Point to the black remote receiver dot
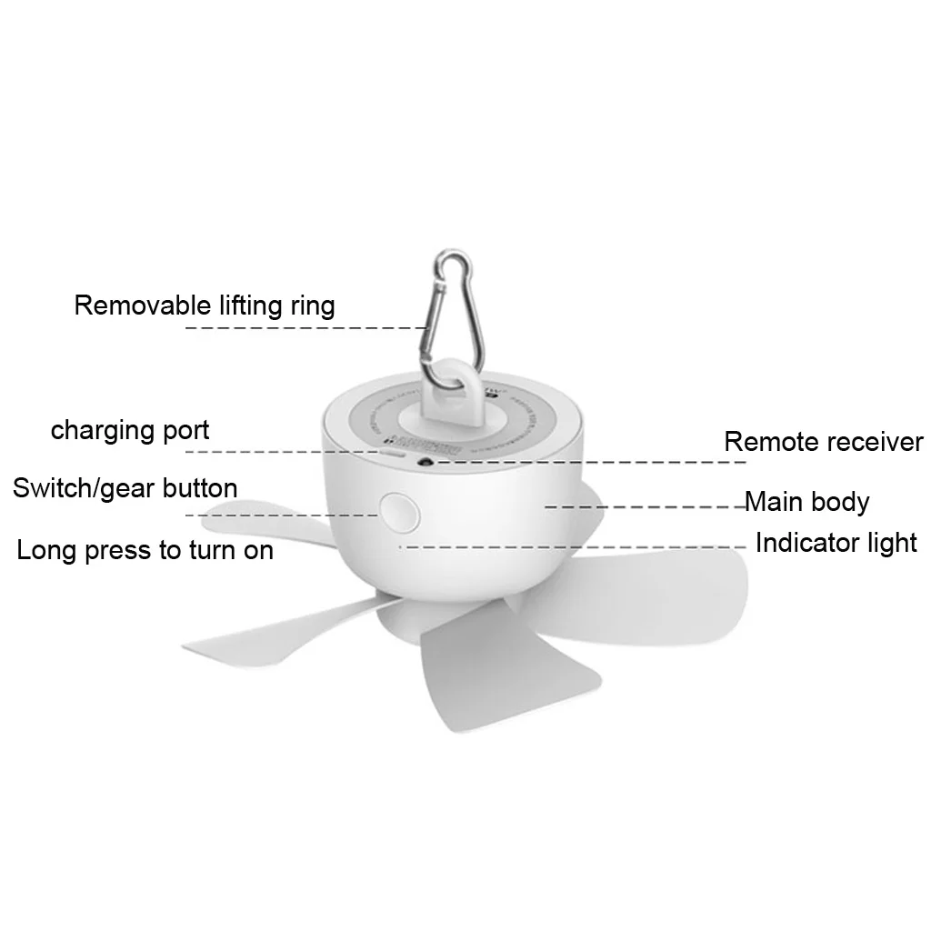(424, 462)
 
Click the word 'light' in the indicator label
(892, 545)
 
